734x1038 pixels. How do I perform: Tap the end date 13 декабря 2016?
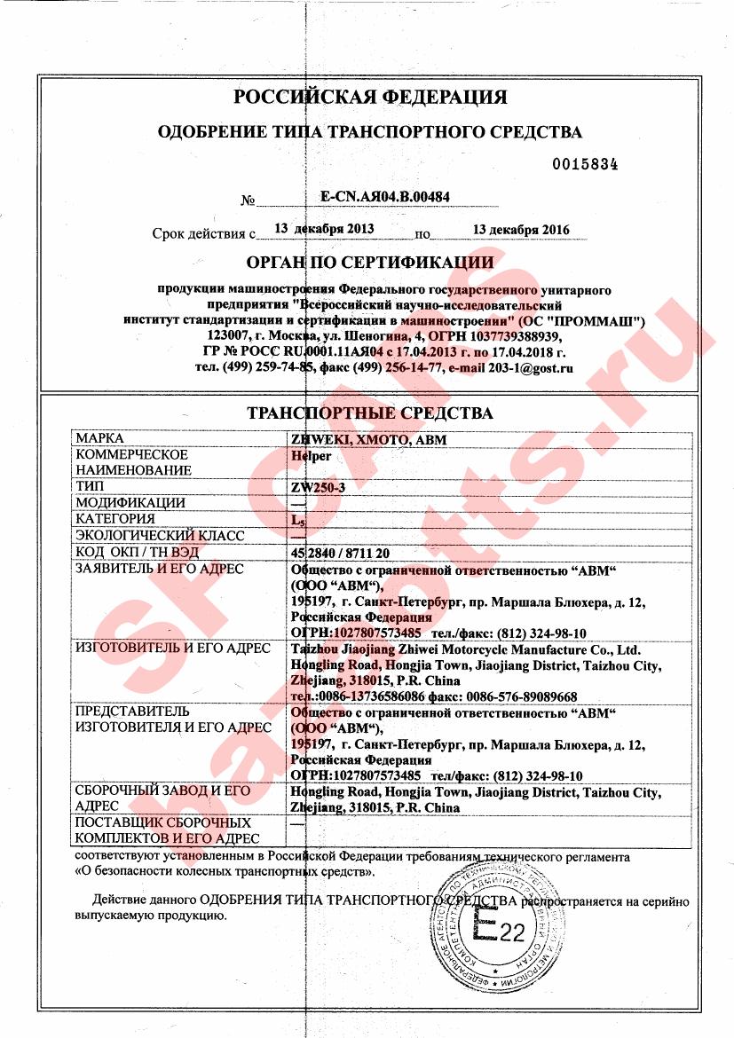click(x=521, y=230)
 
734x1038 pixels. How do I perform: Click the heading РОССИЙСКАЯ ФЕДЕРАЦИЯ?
click(x=369, y=97)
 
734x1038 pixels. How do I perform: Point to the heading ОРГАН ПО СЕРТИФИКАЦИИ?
click(x=369, y=262)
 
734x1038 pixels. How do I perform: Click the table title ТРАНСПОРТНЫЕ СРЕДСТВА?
click(x=369, y=413)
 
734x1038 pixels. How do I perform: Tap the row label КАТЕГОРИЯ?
click(x=115, y=519)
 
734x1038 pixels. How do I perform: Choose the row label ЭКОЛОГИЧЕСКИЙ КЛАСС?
click(x=160, y=536)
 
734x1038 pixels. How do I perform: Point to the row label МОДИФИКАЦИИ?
click(x=130, y=503)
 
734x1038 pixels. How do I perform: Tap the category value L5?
click(x=299, y=520)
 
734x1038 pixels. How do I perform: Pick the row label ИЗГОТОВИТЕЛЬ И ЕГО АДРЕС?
click(x=173, y=648)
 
